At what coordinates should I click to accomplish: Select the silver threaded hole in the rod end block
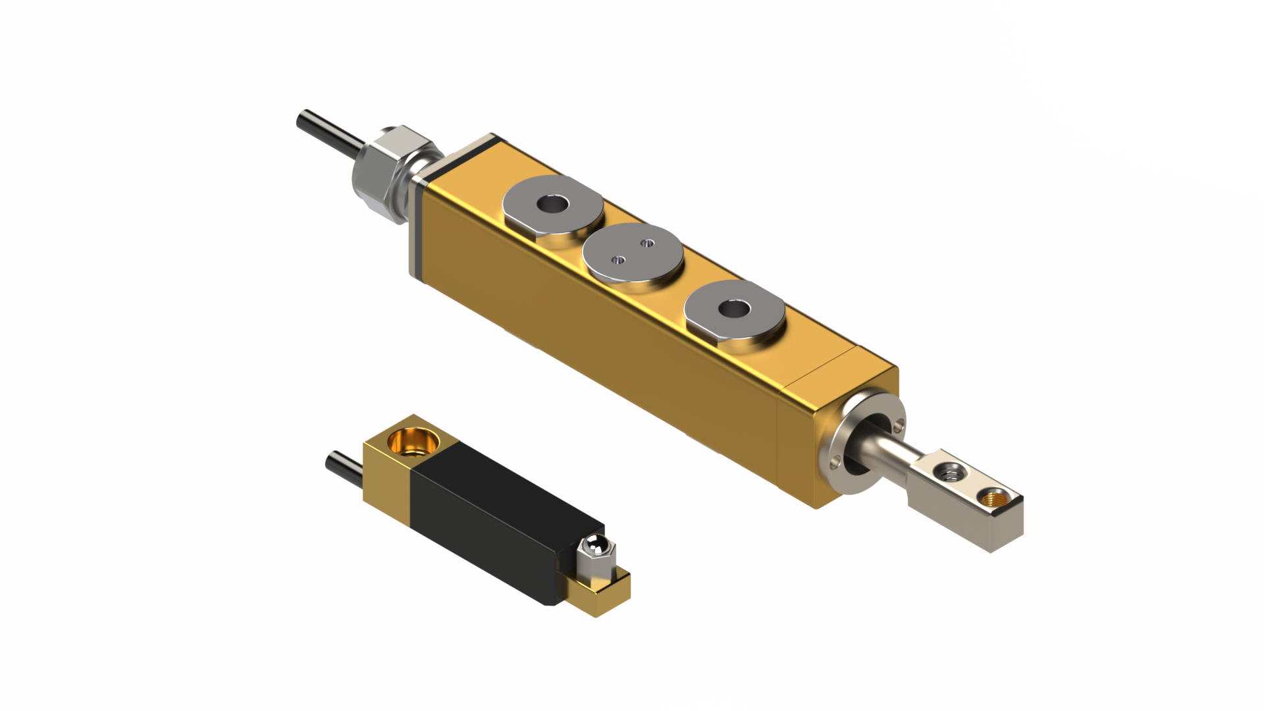point(949,471)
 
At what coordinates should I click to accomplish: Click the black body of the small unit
point(487,520)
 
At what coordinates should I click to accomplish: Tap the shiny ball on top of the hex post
point(594,545)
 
